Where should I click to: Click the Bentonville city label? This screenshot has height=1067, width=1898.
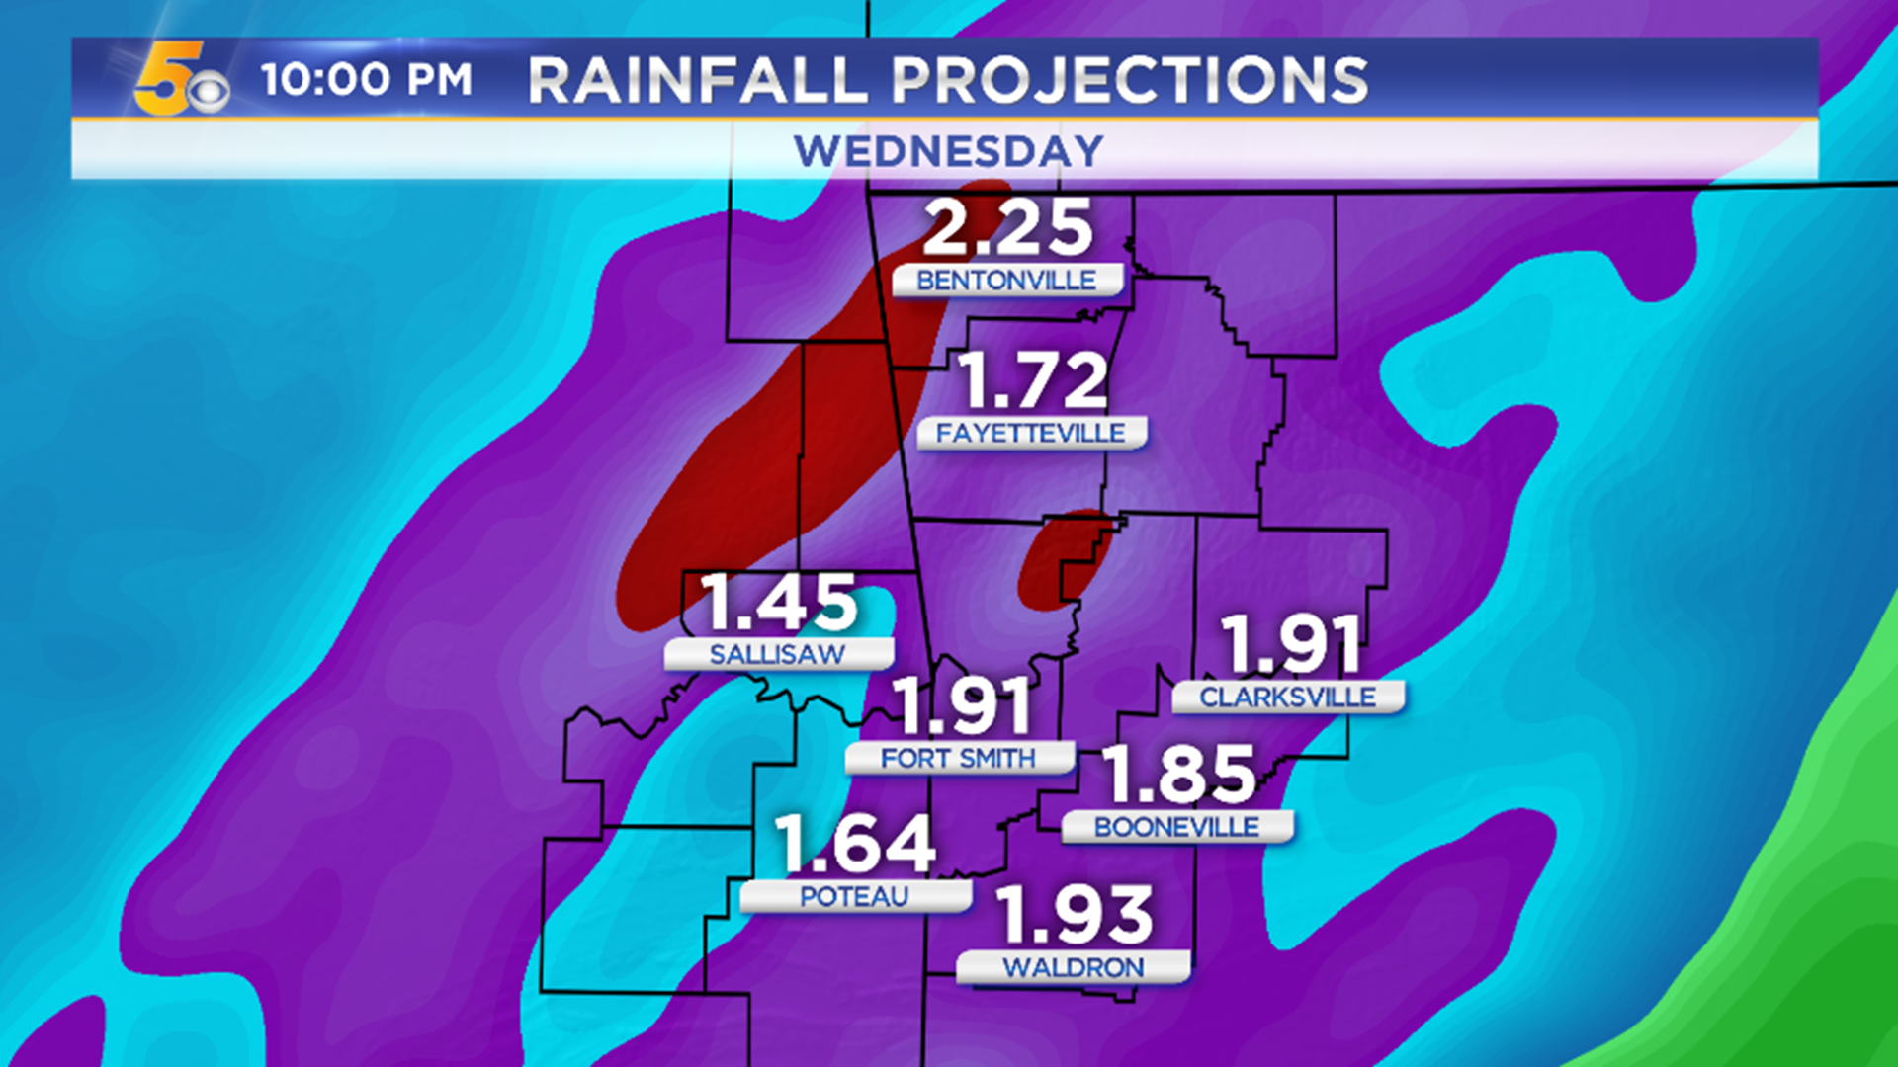pyautogui.click(x=1006, y=281)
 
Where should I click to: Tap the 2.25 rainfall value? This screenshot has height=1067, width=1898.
pyautogui.click(x=1007, y=227)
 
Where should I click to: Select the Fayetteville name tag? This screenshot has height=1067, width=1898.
pyautogui.click(x=1031, y=433)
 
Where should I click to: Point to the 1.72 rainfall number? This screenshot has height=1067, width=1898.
pyautogui.click(x=1033, y=380)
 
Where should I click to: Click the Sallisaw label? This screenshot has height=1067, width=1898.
pyautogui.click(x=778, y=654)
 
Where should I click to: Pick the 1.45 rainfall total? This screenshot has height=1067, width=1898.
pyautogui.click(x=779, y=603)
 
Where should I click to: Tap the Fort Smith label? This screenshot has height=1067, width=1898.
pyautogui.click(x=958, y=759)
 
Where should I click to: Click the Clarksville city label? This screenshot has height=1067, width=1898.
pyautogui.click(x=1287, y=698)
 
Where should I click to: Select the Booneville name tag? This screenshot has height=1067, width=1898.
pyautogui.click(x=1176, y=827)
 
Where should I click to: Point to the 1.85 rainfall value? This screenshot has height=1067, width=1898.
pyautogui.click(x=1178, y=774)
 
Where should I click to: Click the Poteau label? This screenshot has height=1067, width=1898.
pyautogui.click(x=854, y=897)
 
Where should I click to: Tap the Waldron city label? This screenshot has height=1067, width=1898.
pyautogui.click(x=1074, y=968)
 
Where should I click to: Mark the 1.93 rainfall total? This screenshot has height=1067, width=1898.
pyautogui.click(x=1075, y=915)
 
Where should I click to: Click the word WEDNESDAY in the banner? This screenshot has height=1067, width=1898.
pyautogui.click(x=948, y=151)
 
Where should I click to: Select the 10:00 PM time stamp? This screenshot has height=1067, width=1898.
pyautogui.click(x=367, y=80)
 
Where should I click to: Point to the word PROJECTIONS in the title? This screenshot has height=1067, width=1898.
pyautogui.click(x=1130, y=80)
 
